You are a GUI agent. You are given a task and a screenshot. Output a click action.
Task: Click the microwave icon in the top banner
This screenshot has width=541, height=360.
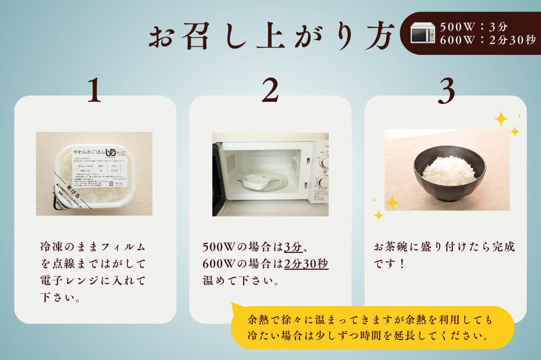423,33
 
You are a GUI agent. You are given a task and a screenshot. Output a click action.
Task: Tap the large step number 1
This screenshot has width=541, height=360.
94,90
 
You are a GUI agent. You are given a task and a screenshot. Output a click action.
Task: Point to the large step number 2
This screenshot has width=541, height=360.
269,90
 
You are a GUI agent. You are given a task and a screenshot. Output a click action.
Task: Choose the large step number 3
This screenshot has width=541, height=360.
446,90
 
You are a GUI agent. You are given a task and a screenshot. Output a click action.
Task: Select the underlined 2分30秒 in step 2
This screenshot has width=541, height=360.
306,263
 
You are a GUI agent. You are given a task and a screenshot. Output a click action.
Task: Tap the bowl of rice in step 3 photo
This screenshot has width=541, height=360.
449,171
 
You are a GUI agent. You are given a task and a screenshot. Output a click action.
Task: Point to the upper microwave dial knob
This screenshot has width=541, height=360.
322,161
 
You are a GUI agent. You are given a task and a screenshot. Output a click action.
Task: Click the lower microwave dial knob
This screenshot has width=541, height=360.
322,181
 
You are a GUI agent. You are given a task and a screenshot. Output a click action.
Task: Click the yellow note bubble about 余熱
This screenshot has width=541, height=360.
372,327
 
